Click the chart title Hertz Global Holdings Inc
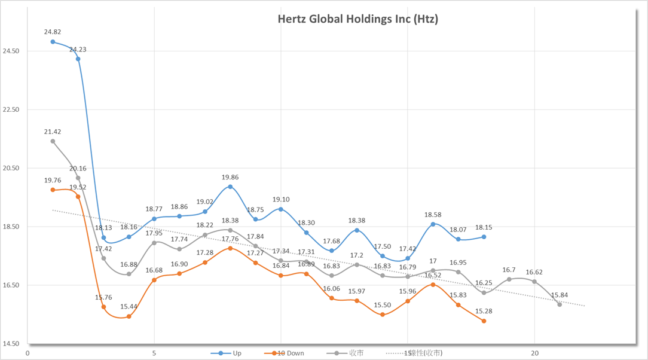[357, 19]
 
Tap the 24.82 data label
[53, 32]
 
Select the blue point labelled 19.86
[230, 187]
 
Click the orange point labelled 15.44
[129, 316]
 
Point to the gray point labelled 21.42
[53, 142]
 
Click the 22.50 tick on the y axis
[11, 110]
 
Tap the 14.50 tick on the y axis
[11, 344]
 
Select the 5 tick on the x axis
[154, 353]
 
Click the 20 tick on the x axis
[534, 353]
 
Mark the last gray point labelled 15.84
[560, 304]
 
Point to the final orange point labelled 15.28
[484, 321]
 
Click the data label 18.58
[433, 215]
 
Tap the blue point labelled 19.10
[281, 209]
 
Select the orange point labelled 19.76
[53, 190]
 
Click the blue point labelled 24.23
[78, 59]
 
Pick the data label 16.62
[534, 272]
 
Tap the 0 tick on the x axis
[27, 353]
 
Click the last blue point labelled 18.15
[484, 237]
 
